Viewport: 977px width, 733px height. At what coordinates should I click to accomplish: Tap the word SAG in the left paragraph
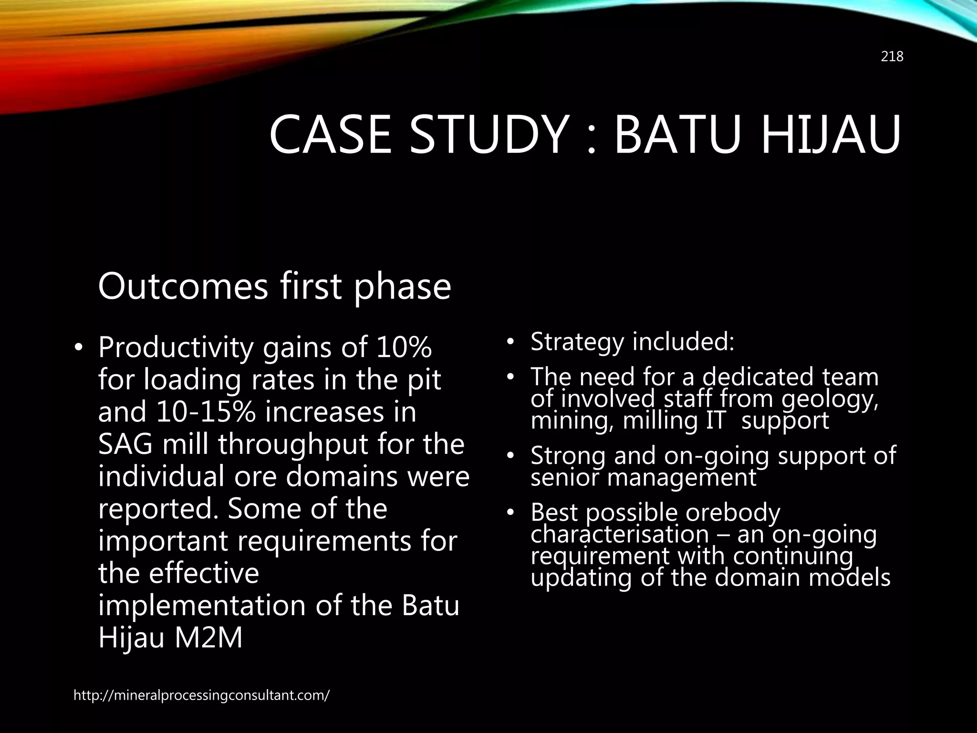tap(125, 444)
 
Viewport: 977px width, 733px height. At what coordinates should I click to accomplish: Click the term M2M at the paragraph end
tap(208, 638)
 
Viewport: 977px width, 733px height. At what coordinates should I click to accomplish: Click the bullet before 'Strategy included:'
tap(510, 342)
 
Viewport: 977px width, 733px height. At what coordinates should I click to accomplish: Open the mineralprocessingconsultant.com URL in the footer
tap(201, 695)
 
